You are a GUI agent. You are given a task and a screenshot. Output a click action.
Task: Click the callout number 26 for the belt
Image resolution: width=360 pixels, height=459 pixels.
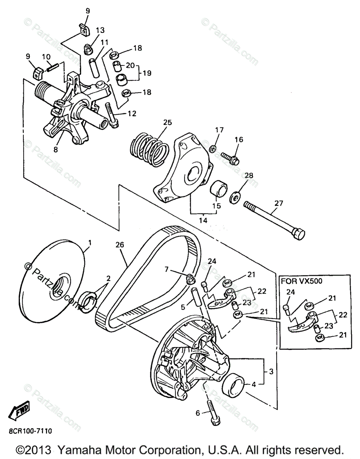tap(120, 245)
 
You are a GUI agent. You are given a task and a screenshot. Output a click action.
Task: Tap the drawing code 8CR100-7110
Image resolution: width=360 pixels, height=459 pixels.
tap(30, 431)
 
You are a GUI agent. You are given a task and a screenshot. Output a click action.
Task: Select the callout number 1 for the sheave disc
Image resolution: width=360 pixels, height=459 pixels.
tap(90, 243)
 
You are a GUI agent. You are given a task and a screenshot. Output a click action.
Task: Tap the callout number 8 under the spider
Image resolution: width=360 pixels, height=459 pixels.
tap(55, 150)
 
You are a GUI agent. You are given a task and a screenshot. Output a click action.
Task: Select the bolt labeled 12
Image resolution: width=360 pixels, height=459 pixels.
tap(113, 116)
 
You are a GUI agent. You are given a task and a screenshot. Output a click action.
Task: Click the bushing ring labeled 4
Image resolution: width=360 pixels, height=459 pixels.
tap(234, 386)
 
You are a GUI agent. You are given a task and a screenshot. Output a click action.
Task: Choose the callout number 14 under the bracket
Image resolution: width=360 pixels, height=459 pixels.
tap(203, 221)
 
